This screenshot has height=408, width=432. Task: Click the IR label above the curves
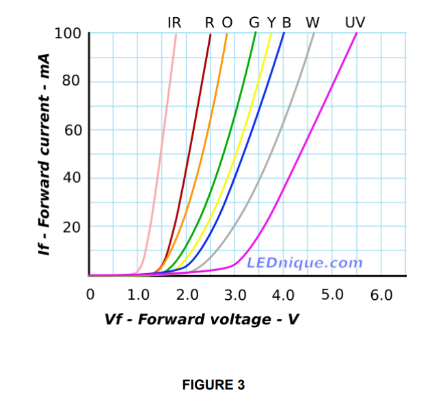point(174,23)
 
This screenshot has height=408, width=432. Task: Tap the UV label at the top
point(355,23)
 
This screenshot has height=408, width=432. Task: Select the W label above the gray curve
point(312,23)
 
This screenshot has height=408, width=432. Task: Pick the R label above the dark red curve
point(211,23)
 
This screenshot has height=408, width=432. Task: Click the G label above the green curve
point(254,23)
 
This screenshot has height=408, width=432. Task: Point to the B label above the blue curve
point(286,23)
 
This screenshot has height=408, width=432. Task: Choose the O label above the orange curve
point(227,23)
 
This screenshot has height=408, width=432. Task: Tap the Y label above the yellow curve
point(271,23)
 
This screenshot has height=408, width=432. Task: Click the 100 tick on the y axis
point(68,33)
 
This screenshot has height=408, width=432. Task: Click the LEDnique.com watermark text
point(304,263)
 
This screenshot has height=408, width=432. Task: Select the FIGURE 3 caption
point(213,385)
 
